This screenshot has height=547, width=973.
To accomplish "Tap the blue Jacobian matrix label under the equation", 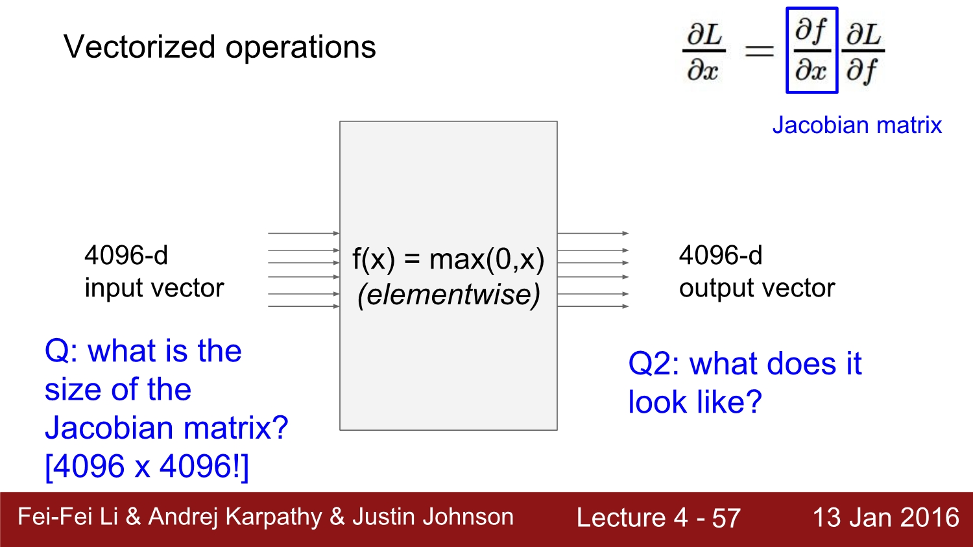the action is pos(856,125).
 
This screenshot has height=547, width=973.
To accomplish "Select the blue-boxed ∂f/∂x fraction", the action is pos(811,51).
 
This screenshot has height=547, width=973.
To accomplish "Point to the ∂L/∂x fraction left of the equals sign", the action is pos(704,51).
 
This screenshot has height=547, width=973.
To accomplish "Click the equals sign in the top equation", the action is pos(759,51).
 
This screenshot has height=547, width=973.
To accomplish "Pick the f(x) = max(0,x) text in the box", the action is pos(448,260).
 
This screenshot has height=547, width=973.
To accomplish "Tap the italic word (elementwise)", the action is pos(448,295).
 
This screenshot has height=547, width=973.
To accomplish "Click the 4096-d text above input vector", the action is pos(126,255).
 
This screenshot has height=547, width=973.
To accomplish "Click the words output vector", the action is pos(757,288).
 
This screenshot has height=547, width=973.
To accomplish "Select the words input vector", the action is pos(154,288).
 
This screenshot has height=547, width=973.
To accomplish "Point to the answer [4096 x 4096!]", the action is pos(147,466).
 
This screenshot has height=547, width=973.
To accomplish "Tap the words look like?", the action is pos(695,402).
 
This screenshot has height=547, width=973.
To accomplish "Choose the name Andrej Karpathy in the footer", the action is pos(235,517).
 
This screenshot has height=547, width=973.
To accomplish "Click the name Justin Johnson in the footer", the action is pos(433,517).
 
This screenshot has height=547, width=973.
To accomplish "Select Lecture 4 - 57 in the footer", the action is pos(658,518).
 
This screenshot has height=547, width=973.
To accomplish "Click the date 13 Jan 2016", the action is pos(885,518).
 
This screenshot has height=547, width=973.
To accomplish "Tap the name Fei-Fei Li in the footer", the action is pos(67,517).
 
